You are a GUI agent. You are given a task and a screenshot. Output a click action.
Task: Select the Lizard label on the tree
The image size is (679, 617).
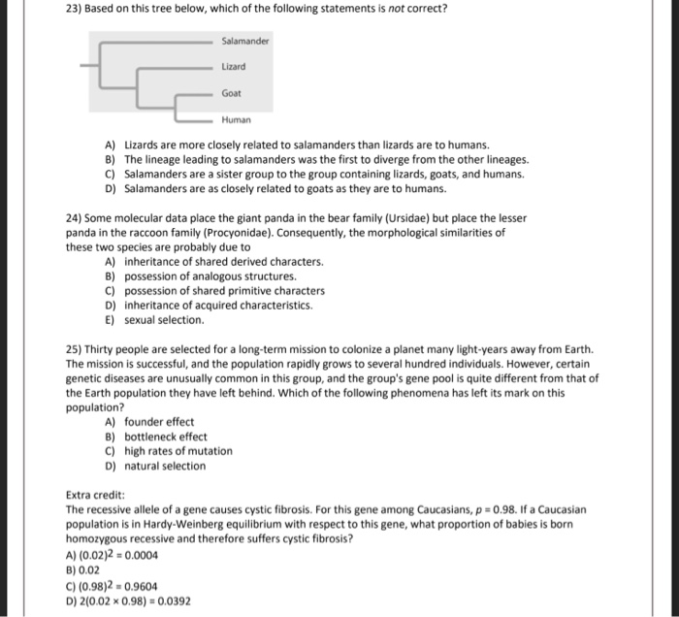coord(234,67)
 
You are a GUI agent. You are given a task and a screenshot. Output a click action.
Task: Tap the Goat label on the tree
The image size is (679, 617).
coord(232,95)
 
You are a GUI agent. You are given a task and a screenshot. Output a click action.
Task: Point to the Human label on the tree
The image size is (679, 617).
coord(236,121)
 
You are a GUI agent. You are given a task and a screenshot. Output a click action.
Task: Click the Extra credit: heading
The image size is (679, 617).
coord(96,495)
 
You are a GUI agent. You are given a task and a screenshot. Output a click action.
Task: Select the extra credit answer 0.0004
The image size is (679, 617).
coord(139,555)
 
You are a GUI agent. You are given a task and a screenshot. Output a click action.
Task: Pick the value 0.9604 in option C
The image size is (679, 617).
coord(139,585)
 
